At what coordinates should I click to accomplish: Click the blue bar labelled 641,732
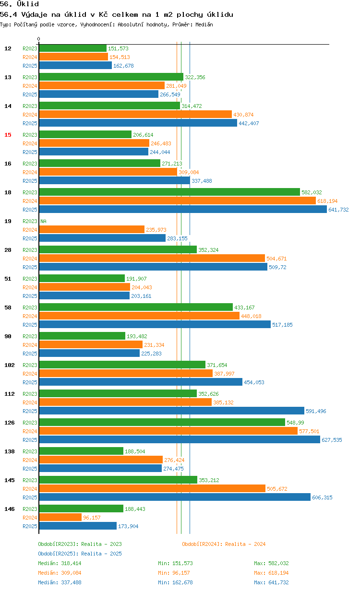point(183,210)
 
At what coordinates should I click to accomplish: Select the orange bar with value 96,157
point(60,518)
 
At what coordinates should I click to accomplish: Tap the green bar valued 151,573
point(73,48)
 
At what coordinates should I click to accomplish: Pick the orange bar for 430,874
point(135,115)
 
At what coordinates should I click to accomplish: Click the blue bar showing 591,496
point(172,411)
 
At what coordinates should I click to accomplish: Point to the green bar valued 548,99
point(162,423)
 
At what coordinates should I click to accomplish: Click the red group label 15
point(8,135)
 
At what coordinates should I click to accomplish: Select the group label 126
point(10,423)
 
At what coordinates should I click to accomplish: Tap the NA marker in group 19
point(43,221)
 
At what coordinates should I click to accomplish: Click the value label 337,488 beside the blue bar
point(202,181)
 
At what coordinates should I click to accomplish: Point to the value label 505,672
point(277,489)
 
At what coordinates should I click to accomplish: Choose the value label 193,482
point(137,336)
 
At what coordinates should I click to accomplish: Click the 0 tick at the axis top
point(38,39)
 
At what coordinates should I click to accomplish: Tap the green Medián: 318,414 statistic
point(60,563)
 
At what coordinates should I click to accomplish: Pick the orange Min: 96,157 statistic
point(174,573)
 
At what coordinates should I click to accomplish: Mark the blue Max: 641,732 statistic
point(271,582)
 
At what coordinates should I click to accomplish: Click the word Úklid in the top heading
point(28,4)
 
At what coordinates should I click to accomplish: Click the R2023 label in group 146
point(30,509)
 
